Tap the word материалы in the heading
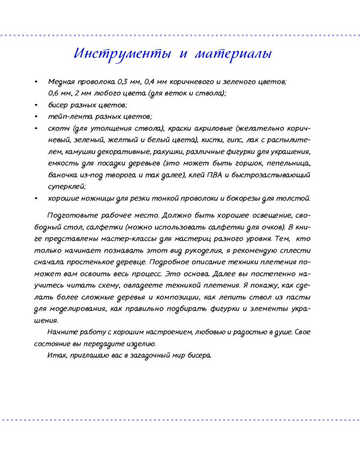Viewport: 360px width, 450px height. (234, 54)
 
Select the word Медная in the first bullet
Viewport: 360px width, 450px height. (62, 82)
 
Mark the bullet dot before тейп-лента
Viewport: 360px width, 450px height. (36, 117)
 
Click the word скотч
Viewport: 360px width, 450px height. (58, 128)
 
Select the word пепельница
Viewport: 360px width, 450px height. (288, 163)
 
